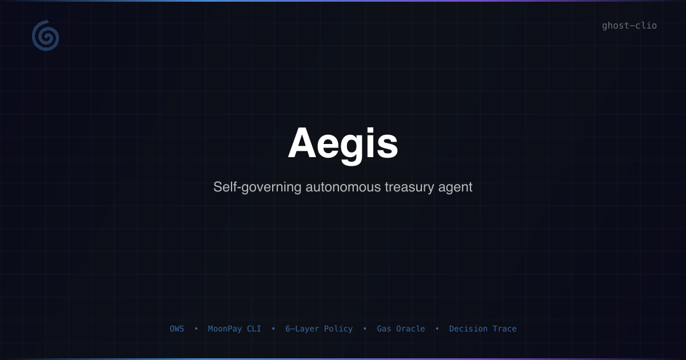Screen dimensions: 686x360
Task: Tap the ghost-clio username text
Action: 629,26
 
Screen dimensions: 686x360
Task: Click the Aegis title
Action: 342,144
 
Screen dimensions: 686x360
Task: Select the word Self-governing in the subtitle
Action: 257,187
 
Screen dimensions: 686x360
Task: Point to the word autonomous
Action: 343,187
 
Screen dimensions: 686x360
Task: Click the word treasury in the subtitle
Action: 409,187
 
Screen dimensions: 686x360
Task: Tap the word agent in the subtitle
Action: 455,187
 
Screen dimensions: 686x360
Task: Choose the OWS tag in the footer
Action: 177,329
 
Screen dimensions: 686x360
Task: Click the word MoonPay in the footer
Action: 225,329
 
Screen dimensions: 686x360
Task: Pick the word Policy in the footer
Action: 338,329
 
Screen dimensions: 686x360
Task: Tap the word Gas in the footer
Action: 384,329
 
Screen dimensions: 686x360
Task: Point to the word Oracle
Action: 410,329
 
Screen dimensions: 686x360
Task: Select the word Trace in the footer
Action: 505,329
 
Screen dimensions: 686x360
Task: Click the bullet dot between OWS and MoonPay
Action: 196,329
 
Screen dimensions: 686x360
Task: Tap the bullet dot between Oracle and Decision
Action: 437,329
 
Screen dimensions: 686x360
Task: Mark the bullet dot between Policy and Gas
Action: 365,329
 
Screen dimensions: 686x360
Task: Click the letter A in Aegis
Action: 302,142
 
